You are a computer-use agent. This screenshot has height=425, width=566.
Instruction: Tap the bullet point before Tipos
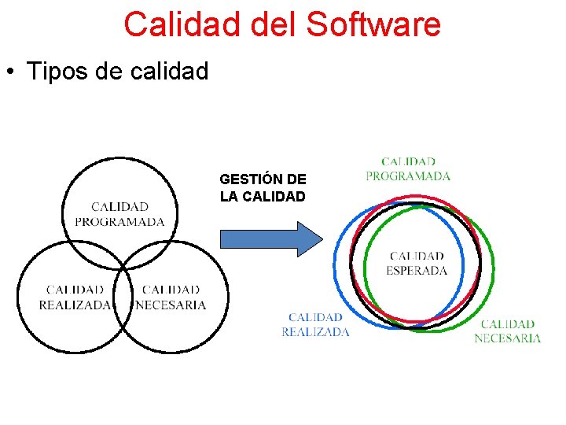pos(11,72)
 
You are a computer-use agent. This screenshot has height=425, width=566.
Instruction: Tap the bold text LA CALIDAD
pos(263,197)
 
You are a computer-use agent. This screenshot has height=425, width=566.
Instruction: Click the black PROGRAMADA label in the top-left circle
pos(119,222)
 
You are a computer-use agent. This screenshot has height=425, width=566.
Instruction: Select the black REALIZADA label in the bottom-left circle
pos(75,305)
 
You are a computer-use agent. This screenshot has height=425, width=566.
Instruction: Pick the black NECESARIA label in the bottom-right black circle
pos(171,305)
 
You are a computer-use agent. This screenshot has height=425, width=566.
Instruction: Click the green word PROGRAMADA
pos(408,176)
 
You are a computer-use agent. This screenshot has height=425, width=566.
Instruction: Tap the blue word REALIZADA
pos(315,332)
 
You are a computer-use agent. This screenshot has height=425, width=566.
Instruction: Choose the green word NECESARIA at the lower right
pos(507,338)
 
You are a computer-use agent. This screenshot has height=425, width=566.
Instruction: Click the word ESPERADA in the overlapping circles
pos(417,270)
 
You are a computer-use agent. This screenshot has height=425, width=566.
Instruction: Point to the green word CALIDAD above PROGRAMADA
pos(408,162)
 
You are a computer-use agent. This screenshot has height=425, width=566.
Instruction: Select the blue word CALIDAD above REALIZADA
pos(315,318)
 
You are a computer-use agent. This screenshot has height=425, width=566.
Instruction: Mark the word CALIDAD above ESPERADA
pos(417,256)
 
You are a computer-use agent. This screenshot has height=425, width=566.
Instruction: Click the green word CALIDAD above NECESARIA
pos(507,323)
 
